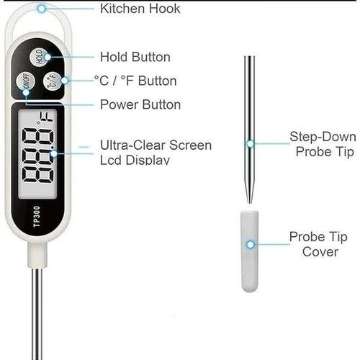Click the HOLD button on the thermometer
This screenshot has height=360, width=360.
pos(39,57)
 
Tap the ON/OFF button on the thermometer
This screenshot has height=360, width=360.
pos(26,81)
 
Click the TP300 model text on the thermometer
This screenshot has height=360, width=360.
pos(37,216)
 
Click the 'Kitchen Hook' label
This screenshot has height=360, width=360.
pos(140,9)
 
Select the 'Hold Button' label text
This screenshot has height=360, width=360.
pos(135,57)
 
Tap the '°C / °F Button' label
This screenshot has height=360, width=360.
pos(135,81)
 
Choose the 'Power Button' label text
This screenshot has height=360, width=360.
pos(140,105)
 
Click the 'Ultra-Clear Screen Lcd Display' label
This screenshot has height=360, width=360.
pos(156,153)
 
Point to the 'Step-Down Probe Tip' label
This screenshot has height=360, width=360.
pos(323,144)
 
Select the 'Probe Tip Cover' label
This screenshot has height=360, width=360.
pos(318,244)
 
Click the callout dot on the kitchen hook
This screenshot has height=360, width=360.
pos(42,9)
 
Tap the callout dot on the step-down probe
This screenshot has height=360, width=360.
pos(250,144)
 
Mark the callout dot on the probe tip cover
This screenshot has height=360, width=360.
pos(251,245)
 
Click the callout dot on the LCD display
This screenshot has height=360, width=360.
pos(54,153)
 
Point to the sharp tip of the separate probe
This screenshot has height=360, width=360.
pos(250,203)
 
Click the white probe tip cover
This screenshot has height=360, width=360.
pos(250,251)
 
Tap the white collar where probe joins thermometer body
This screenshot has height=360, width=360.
pos(37,255)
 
